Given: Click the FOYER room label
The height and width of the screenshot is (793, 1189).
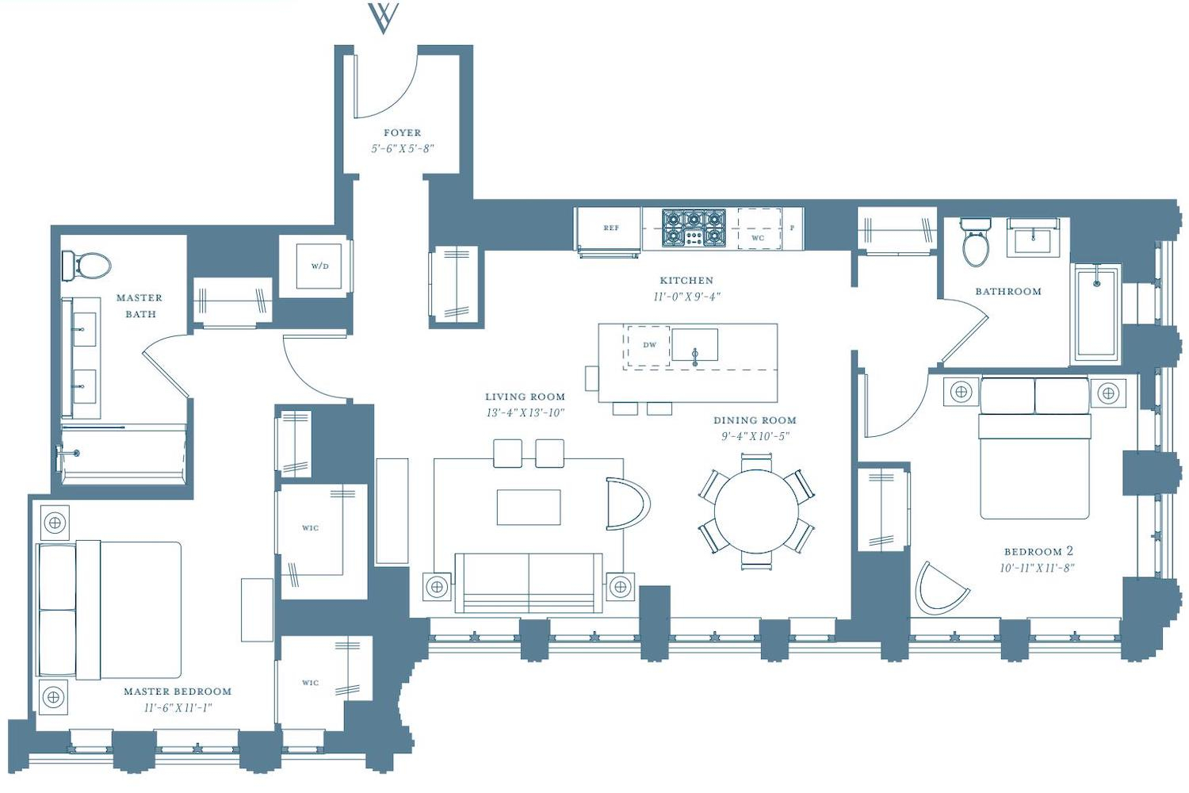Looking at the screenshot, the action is [403, 132].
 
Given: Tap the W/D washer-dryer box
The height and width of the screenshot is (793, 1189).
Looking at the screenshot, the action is [319, 266].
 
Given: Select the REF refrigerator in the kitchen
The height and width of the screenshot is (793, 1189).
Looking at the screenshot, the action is [609, 228].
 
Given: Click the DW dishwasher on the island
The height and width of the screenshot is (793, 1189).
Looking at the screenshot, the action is [648, 346].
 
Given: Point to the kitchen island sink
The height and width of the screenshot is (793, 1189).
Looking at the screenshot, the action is [695, 345].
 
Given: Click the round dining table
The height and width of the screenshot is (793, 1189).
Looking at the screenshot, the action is [756, 511].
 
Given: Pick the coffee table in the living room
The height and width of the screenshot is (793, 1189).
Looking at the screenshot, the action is [529, 508].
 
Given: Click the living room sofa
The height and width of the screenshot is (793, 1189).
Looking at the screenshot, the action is [529, 583].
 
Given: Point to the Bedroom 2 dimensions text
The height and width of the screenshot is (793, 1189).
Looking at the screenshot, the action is [1037, 568].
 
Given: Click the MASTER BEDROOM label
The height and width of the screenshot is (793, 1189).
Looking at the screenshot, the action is [178, 691].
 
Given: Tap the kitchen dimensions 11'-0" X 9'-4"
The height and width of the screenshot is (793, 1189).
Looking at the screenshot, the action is [687, 297].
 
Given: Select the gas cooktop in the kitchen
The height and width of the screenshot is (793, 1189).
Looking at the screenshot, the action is [694, 228].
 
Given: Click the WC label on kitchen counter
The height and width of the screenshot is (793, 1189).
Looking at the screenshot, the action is [758, 238].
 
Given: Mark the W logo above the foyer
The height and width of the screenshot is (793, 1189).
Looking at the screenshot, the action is [383, 18].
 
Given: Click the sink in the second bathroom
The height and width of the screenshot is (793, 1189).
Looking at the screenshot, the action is [1034, 238].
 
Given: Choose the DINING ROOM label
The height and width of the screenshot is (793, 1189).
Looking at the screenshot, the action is [755, 420].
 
